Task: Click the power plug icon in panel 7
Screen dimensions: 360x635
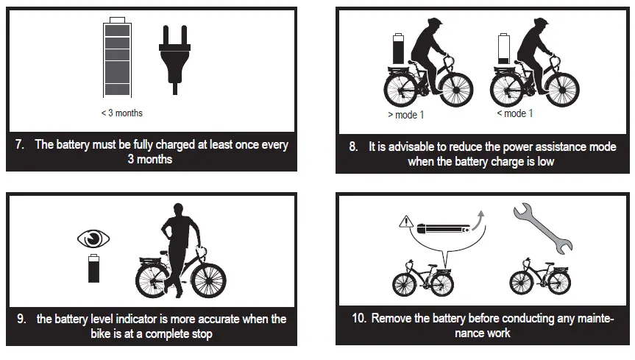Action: click(x=174, y=55)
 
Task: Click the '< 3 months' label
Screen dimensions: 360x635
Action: click(x=122, y=113)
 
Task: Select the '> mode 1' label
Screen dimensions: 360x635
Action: click(x=405, y=115)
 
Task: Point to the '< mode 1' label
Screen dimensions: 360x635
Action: click(x=514, y=113)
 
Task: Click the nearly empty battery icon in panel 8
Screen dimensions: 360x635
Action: click(x=504, y=49)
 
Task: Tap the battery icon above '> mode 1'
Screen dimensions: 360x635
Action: click(x=398, y=49)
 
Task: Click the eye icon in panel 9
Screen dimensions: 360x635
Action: click(x=93, y=239)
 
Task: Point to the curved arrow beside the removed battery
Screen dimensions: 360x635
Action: click(x=480, y=221)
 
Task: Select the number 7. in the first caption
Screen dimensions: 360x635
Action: click(x=20, y=144)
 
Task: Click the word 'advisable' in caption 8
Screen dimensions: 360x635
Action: click(x=405, y=147)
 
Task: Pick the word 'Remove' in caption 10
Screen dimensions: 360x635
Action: click(x=392, y=319)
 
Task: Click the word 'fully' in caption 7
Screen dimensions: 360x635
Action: click(x=148, y=144)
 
